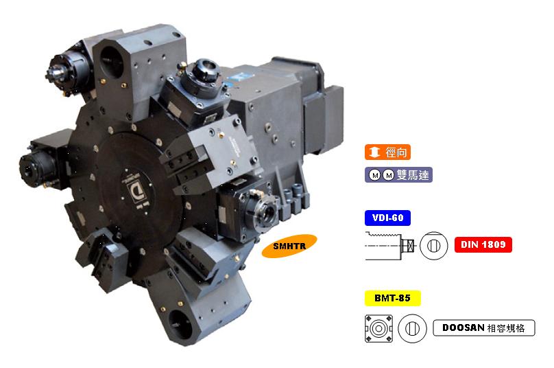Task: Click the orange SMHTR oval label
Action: click(289, 246)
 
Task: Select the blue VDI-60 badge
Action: click(387, 218)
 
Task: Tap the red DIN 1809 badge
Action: click(483, 244)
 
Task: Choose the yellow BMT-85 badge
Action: click(393, 298)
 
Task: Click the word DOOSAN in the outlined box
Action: click(463, 327)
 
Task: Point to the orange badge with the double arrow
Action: click(387, 152)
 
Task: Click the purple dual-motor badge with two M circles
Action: click(398, 175)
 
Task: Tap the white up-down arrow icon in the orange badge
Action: click(374, 152)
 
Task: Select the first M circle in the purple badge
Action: click(375, 175)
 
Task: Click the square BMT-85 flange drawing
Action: click(378, 328)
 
